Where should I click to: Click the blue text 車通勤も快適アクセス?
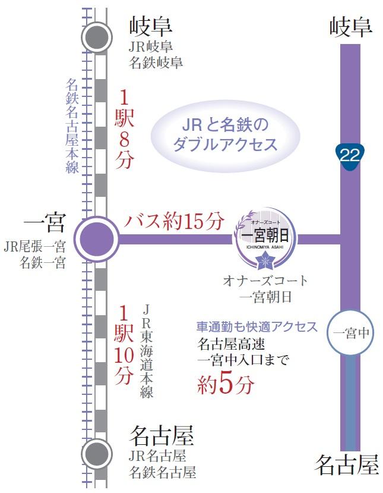point(257,328)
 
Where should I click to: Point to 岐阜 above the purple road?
point(351,27)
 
